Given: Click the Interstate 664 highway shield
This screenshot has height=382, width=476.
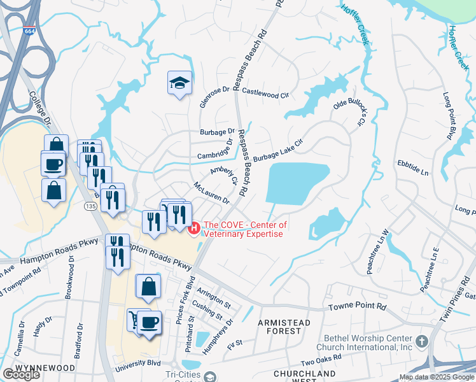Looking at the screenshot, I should [x=29, y=30].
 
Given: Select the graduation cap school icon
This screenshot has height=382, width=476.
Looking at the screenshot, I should [x=179, y=83].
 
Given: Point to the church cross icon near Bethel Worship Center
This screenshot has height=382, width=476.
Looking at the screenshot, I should [x=421, y=342].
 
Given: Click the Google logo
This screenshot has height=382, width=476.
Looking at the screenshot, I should [x=22, y=374].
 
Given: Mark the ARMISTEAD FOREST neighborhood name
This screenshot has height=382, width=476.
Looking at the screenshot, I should [x=284, y=327].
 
